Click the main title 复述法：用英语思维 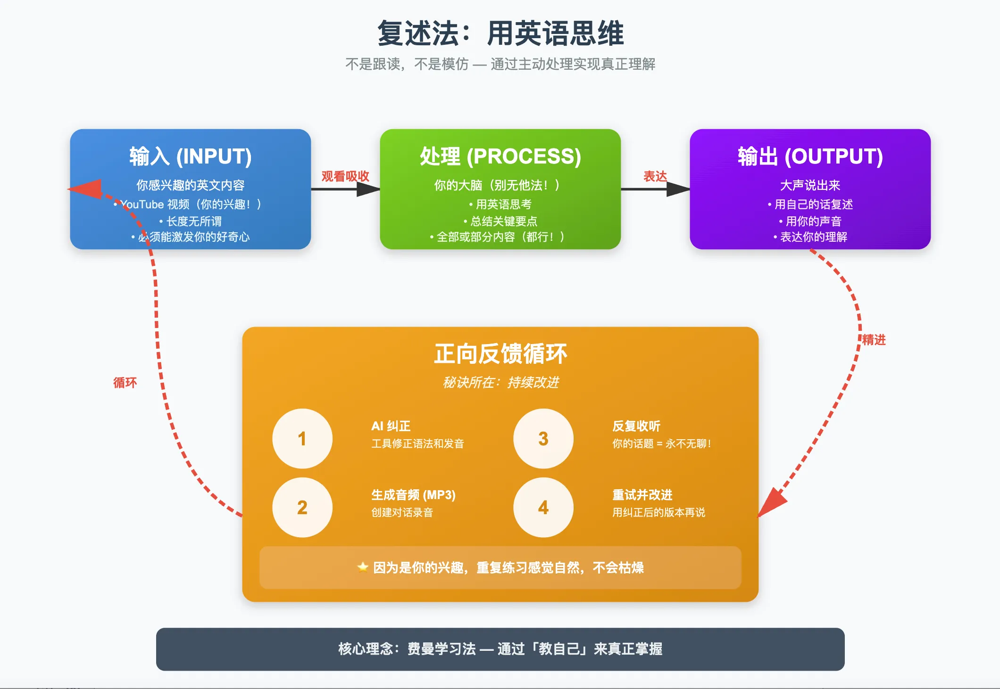coord(500,33)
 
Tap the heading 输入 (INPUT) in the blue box coord(191,156)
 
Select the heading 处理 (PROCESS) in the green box coord(500,156)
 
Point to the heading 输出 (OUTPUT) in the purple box coord(810,156)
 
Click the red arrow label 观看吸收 coord(345,176)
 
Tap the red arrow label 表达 coord(655,176)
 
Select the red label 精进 coord(874,340)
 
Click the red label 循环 coord(125,382)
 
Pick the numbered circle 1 coord(302,439)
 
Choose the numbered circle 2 coord(302,508)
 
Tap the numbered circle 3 coord(543,439)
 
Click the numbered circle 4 coord(543,508)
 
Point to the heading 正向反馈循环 coord(500,353)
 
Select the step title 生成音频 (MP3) coord(413,495)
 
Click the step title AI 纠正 coord(391,426)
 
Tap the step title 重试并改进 coord(642,495)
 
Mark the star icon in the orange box coord(363,567)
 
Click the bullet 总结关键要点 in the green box coord(503,221)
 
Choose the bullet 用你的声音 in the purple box coord(813,221)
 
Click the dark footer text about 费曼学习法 coord(500,649)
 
